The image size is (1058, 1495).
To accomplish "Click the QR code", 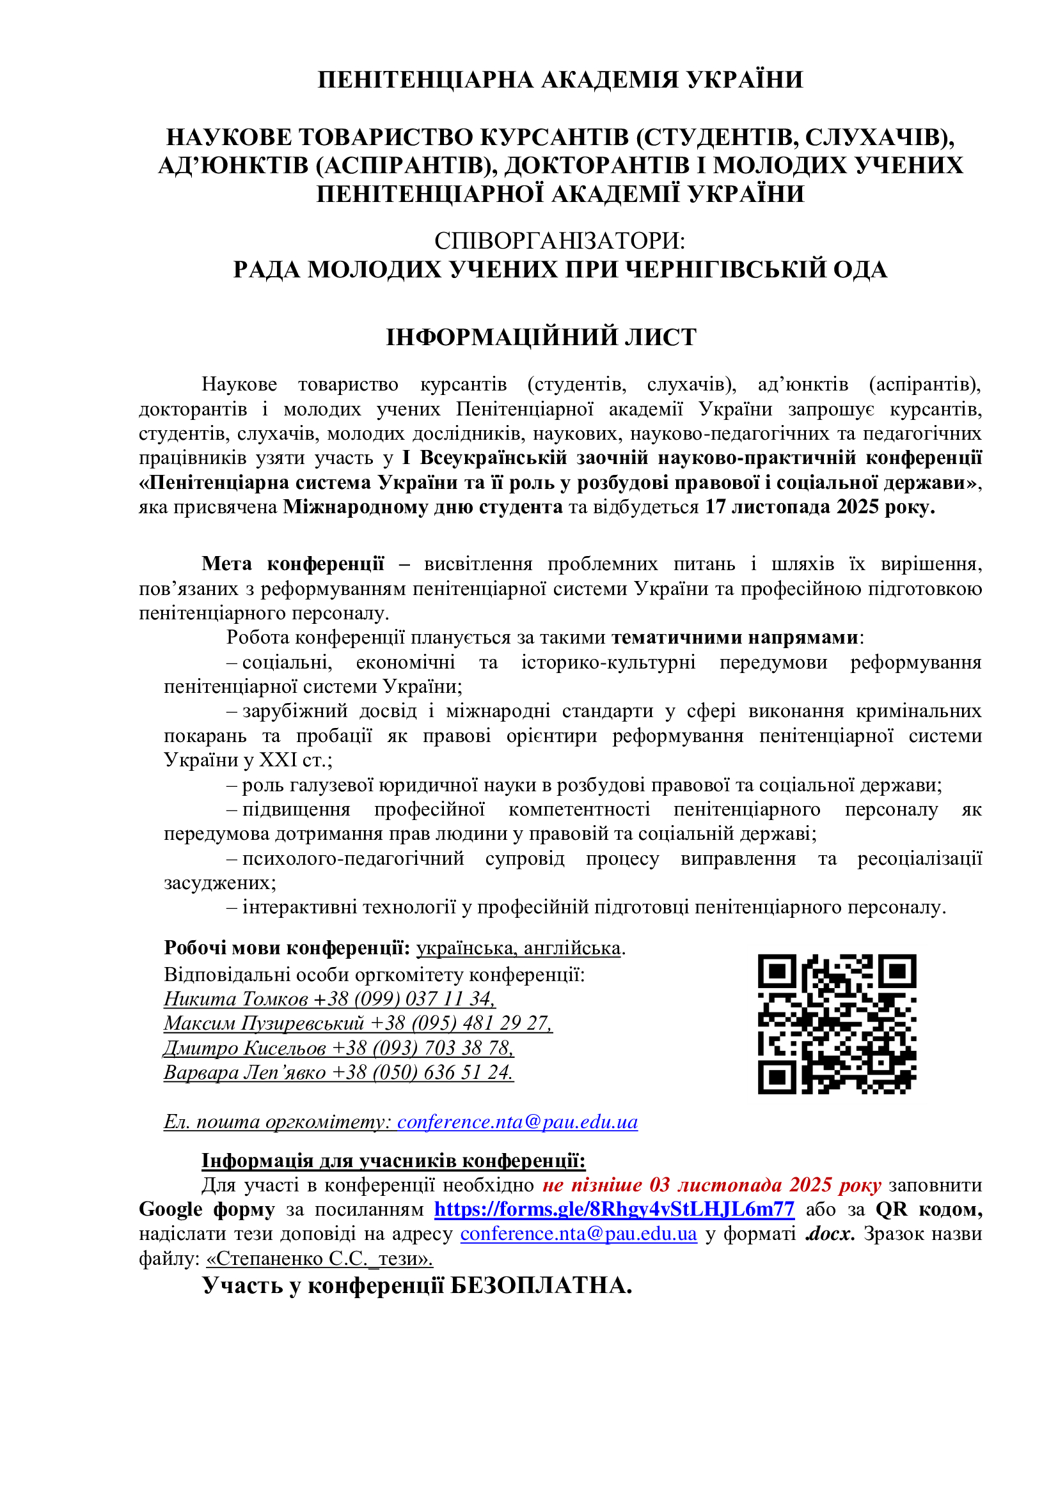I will point(837,1024).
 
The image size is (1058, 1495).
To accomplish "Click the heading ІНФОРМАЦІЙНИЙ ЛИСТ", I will point(541,337).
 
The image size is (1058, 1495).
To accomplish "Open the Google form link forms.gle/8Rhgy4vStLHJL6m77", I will point(613,1209).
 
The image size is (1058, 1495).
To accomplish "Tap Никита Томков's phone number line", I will point(329,999).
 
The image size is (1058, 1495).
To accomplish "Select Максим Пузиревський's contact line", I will point(358,1023).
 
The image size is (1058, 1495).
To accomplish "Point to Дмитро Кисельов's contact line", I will point(339,1048).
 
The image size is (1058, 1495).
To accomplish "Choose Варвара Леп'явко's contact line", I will point(339,1073).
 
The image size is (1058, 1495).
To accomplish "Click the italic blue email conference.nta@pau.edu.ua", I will point(517,1122).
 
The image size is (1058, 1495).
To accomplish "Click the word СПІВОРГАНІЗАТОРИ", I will point(559,241).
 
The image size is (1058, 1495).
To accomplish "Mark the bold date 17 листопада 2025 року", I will point(819,507).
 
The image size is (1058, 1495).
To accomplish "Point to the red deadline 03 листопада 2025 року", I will point(711,1184).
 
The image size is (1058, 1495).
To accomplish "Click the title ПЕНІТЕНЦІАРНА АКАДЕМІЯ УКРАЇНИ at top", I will point(560,79).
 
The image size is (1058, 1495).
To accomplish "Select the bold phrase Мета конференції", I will point(292,563).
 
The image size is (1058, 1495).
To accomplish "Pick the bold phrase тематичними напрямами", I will point(735,637).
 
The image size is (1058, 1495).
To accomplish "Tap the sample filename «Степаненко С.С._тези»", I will point(319,1259).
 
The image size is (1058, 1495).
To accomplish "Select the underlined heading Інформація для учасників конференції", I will point(393,1160).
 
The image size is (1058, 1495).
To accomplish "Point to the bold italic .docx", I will point(830,1234).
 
